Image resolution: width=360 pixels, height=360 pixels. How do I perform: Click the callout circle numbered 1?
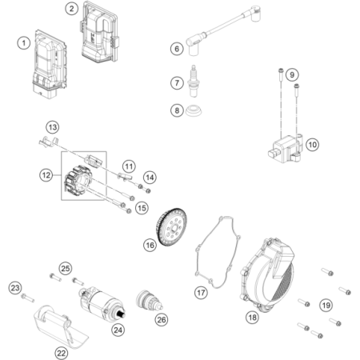click(24, 43)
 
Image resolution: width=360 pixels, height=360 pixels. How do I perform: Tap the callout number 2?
click(71, 9)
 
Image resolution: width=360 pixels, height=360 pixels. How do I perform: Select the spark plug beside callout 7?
click(193, 82)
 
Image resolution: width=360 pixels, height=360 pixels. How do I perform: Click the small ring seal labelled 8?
click(194, 110)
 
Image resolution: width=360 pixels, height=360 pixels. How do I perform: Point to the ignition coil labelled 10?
click(285, 148)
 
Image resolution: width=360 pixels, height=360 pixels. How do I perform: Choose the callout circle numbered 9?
click(292, 74)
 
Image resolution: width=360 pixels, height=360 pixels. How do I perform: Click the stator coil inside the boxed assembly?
click(78, 181)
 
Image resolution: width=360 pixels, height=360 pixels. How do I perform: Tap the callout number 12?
click(46, 175)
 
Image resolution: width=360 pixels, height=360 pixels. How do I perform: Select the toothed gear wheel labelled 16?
click(171, 227)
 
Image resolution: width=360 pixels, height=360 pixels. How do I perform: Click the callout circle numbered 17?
click(201, 293)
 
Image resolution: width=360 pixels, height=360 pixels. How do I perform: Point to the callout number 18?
click(252, 317)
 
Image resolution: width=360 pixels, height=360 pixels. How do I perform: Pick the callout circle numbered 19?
click(326, 305)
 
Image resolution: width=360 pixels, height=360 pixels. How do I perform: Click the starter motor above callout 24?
click(102, 302)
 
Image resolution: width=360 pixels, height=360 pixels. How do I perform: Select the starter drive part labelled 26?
click(149, 300)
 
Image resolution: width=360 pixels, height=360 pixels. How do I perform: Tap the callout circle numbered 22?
click(62, 353)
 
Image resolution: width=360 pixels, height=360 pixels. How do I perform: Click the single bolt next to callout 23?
click(28, 298)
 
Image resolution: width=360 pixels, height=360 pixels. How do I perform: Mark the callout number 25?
click(66, 268)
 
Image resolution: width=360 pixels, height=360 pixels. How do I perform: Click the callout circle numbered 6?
click(177, 49)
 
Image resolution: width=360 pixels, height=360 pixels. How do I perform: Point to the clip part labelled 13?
click(48, 142)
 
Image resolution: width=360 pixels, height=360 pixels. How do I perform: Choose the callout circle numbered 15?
click(142, 208)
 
